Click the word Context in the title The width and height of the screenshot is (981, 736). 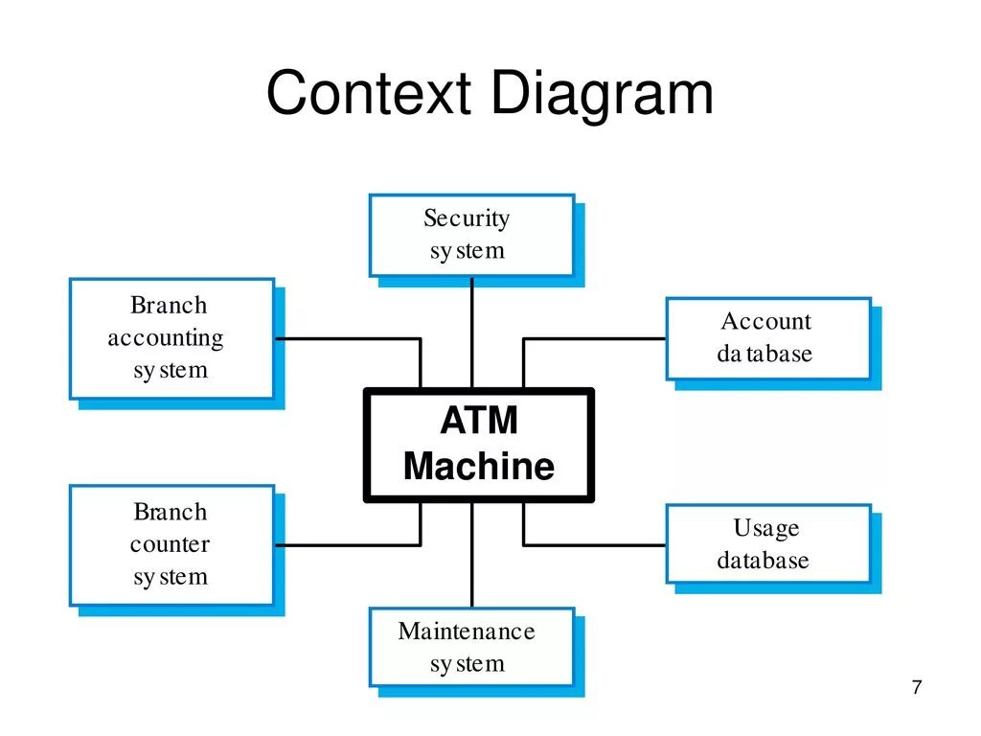coord(369,93)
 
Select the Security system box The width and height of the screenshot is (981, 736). coord(471,236)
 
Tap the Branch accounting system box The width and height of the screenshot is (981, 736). coord(172,338)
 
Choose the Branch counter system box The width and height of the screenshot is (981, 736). coord(172,545)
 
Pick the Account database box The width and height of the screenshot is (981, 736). coord(768,338)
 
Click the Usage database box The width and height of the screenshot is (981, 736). coord(768,544)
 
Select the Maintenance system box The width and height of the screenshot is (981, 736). coord(471,647)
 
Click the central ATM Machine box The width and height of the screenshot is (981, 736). coord(479,445)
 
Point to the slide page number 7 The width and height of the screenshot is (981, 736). coord(917,687)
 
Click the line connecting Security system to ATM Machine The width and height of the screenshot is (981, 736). coord(471,333)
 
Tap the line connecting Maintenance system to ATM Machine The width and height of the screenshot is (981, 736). coord(471,555)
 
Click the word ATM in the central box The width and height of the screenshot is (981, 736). coord(479,420)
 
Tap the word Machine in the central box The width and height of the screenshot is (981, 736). coord(479,467)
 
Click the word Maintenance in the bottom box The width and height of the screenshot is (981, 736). coord(467,631)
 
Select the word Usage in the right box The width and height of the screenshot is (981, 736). coord(766,529)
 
